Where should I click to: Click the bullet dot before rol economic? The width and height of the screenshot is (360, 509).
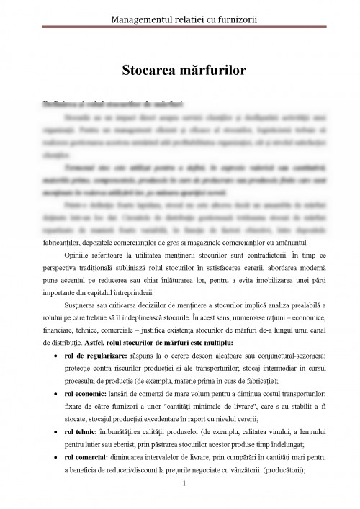(57, 395)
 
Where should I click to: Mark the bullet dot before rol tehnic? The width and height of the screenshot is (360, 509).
(57, 432)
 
